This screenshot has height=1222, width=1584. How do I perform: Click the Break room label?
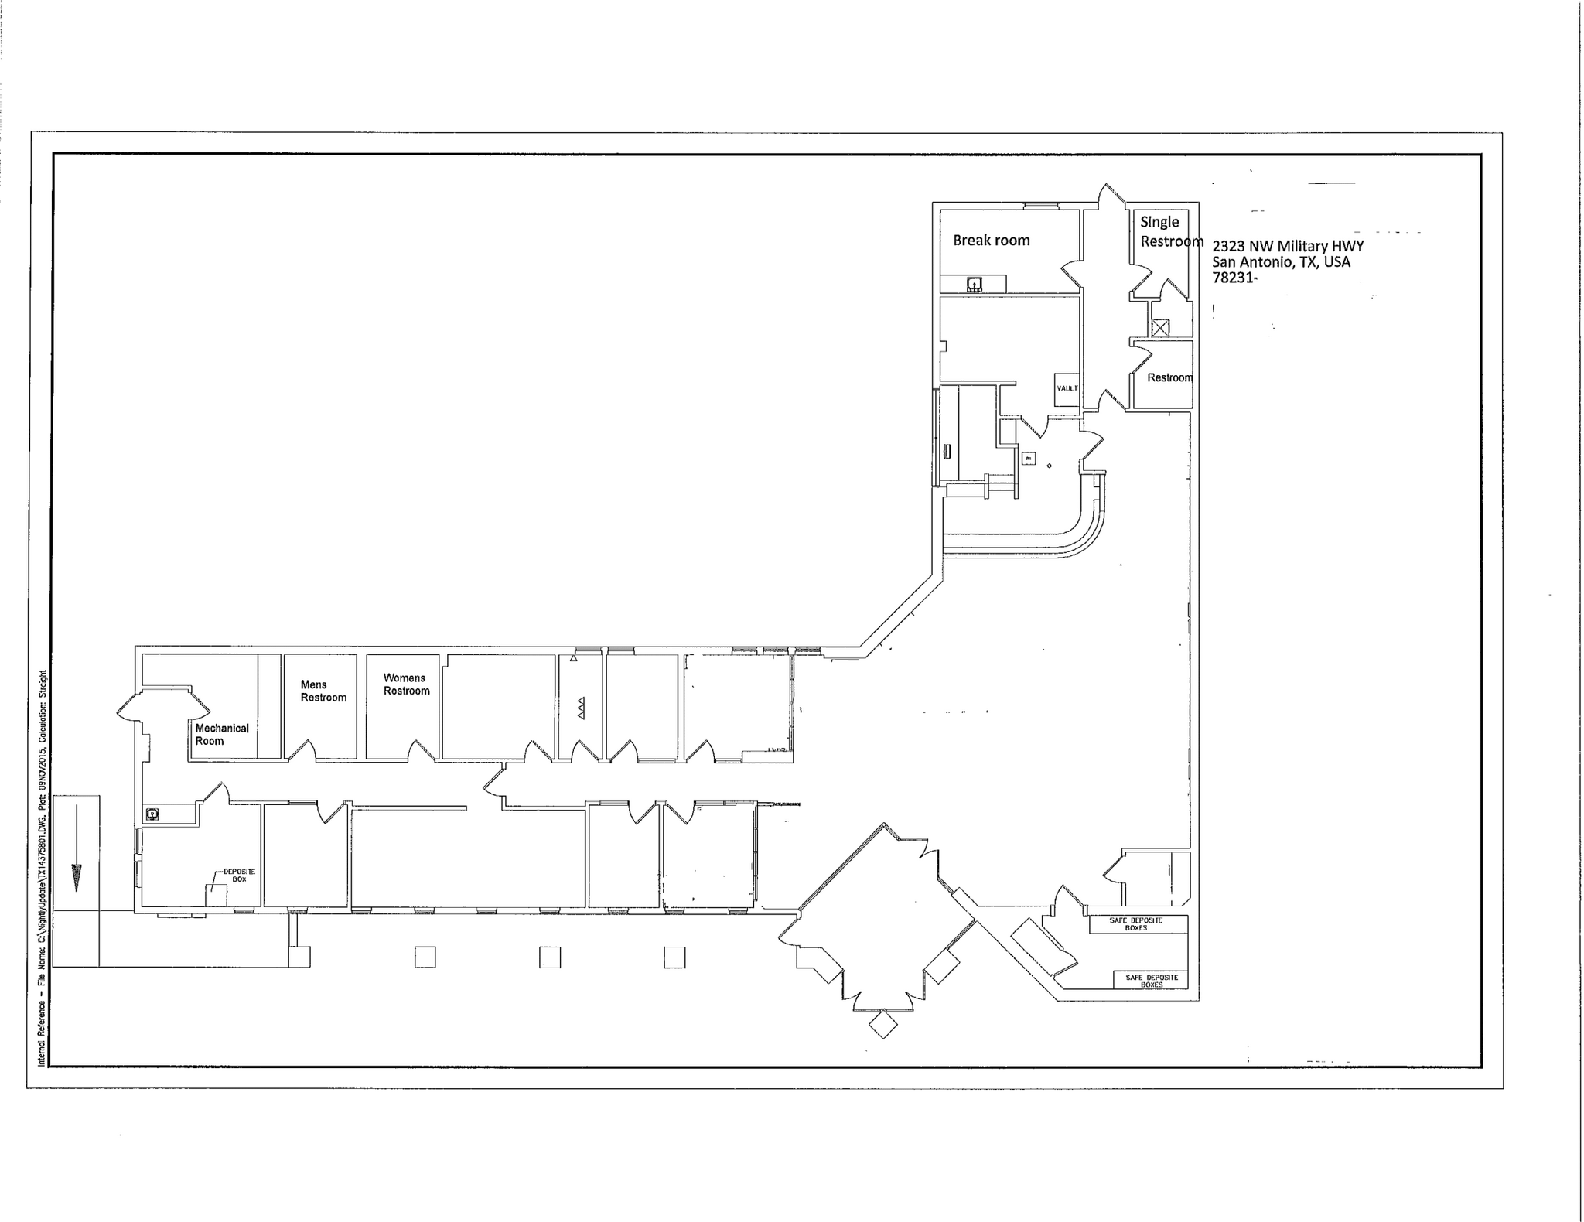[991, 241]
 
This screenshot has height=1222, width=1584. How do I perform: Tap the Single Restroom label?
[1170, 232]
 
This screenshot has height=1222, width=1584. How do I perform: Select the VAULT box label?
[1067, 388]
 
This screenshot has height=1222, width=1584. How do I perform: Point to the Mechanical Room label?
[221, 734]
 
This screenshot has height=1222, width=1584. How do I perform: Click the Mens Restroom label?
[323, 691]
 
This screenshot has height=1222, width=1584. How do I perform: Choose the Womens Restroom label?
[406, 684]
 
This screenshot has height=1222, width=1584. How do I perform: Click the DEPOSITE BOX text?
[239, 875]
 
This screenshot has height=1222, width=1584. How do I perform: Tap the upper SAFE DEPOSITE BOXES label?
[1136, 923]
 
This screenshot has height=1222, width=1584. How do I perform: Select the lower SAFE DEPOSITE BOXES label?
[1152, 981]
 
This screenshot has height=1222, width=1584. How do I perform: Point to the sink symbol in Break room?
[975, 285]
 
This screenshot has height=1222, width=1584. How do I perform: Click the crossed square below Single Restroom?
[1159, 328]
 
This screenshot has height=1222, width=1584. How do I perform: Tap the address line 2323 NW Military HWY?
[1288, 246]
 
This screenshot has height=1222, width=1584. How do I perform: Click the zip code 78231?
[1234, 278]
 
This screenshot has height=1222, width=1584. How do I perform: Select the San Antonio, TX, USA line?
[1281, 262]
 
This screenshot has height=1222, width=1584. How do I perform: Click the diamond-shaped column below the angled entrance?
[882, 1026]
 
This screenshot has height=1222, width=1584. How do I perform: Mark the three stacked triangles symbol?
[581, 708]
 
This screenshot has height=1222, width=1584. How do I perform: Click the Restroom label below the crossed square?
[1169, 377]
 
